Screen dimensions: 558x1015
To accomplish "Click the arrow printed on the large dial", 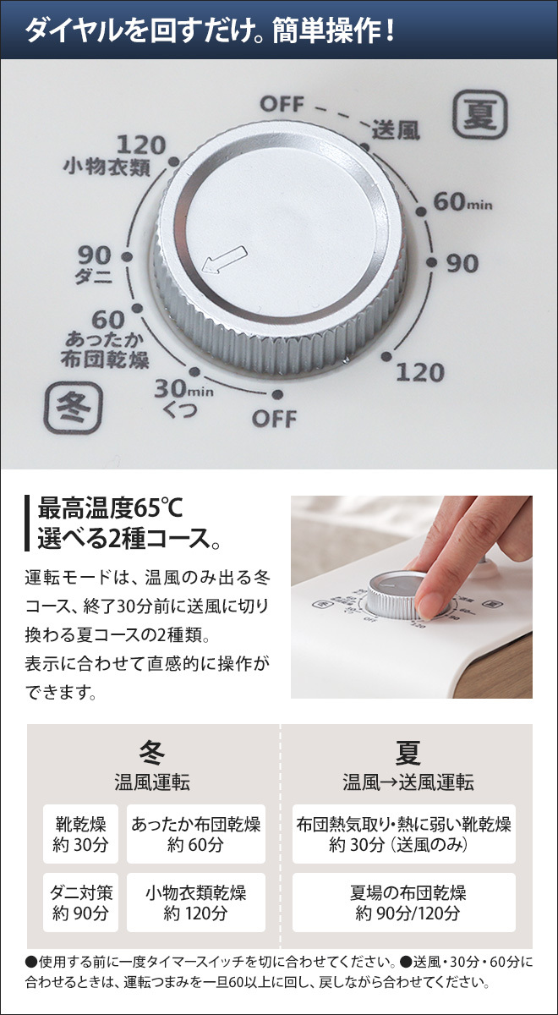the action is [224, 260].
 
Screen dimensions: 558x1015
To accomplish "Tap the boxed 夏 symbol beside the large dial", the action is [480, 114].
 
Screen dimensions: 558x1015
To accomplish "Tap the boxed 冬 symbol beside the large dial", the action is [73, 408].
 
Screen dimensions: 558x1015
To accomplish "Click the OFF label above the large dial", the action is [282, 104].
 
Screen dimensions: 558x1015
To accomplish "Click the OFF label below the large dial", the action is [274, 419].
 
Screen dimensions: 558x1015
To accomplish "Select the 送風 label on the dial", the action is [396, 130].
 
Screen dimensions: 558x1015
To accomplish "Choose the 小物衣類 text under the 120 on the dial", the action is [107, 167].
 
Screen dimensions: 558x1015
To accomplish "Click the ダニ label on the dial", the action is [93, 275].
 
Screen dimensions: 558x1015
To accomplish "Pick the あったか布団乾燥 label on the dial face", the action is [105, 350].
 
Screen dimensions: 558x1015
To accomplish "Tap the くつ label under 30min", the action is [180, 410].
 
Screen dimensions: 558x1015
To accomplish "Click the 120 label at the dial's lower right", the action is [420, 372].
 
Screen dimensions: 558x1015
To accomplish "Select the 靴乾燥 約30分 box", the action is [80, 834].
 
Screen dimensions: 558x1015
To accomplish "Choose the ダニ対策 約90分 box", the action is [80, 903].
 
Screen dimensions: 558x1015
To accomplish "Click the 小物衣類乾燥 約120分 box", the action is [195, 903].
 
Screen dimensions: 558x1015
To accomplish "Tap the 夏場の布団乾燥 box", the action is [403, 903].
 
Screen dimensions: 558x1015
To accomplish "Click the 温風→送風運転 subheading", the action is [408, 782].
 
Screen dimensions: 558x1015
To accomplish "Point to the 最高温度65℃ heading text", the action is [110, 508].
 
